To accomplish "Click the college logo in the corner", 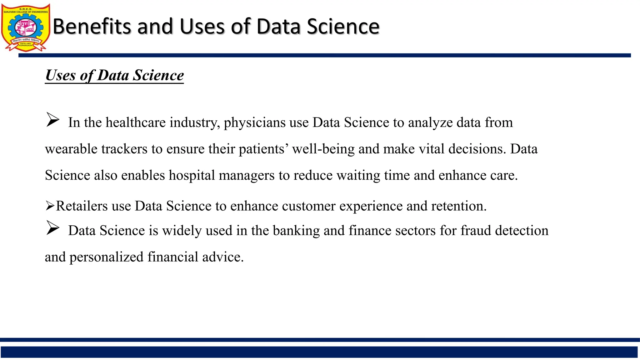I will point(26,27).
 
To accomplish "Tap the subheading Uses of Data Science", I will point(114,75).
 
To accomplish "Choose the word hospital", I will point(192,175).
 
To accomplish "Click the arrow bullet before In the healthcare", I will point(52,120).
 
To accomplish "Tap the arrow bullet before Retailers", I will point(50,206).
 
